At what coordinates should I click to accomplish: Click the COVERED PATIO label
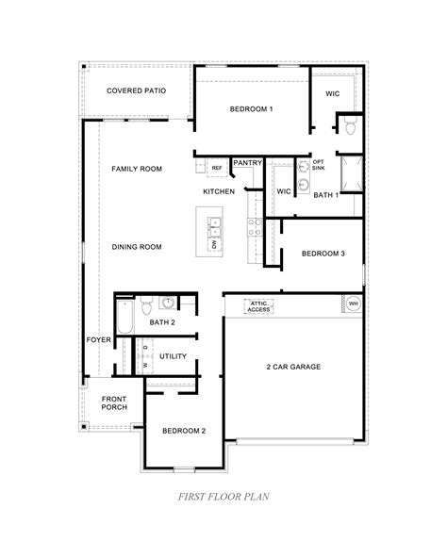click(x=136, y=90)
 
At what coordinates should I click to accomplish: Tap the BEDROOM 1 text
click(x=251, y=109)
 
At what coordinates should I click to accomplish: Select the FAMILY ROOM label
click(x=137, y=169)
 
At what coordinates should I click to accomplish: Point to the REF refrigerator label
click(x=217, y=168)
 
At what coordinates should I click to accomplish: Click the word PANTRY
click(x=247, y=162)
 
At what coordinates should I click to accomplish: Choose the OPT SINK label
click(x=319, y=164)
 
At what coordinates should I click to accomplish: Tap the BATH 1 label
click(x=325, y=194)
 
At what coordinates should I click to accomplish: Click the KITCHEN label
click(x=219, y=191)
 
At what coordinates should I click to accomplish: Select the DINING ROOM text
click(x=137, y=247)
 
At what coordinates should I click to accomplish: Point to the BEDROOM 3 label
click(x=323, y=254)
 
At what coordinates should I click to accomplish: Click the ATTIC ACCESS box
click(x=258, y=305)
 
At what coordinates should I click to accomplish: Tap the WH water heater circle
click(x=353, y=304)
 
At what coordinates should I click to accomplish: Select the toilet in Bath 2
click(x=146, y=305)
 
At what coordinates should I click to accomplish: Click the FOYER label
click(x=98, y=338)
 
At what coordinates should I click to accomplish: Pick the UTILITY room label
click(x=173, y=356)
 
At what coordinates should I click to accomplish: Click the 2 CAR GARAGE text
click(x=292, y=366)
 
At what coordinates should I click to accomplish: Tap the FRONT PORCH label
click(x=114, y=403)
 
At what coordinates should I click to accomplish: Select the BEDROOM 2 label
click(x=184, y=431)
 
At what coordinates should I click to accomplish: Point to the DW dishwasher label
click(x=215, y=243)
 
